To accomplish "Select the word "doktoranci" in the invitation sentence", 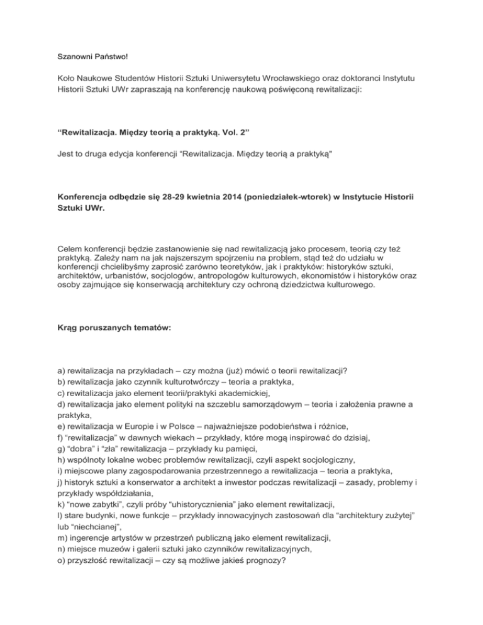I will [x=368, y=78].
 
